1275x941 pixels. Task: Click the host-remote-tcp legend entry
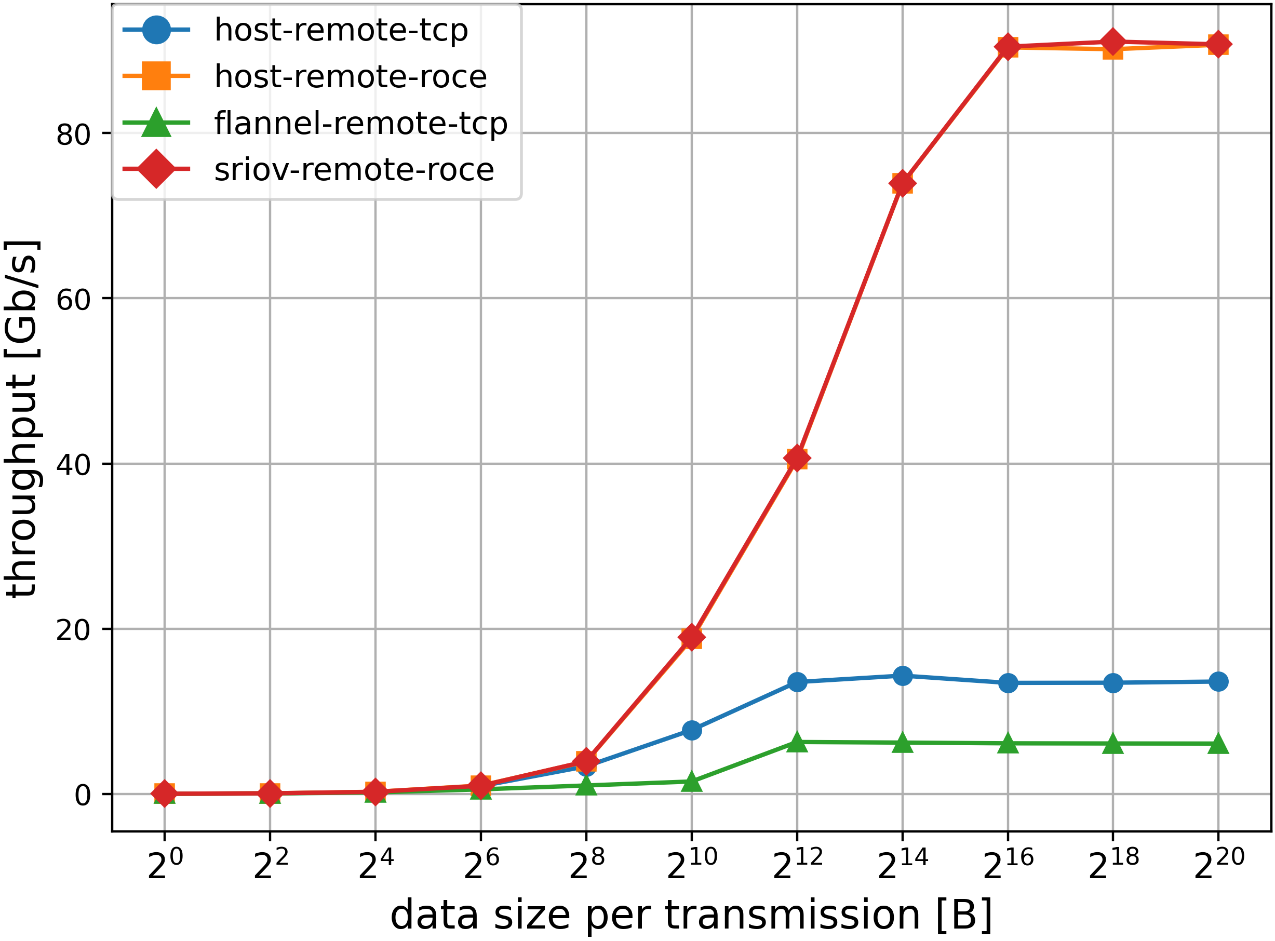(x=341, y=30)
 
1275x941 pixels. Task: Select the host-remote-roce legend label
(x=351, y=76)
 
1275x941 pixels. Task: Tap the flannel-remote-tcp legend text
(x=360, y=123)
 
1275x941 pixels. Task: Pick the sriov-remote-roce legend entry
(x=354, y=170)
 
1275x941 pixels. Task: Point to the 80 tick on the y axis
(x=74, y=135)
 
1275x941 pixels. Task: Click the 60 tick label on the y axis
(x=74, y=300)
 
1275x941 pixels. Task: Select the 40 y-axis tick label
(x=74, y=465)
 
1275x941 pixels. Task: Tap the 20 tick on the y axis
(x=74, y=630)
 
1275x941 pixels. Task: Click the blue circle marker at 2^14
(x=903, y=676)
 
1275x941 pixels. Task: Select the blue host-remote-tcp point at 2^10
(x=692, y=730)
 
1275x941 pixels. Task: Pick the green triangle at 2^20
(x=1218, y=744)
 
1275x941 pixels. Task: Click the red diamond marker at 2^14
(x=903, y=183)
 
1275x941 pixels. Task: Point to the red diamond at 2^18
(x=1113, y=42)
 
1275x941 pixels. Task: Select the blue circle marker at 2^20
(x=1218, y=681)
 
